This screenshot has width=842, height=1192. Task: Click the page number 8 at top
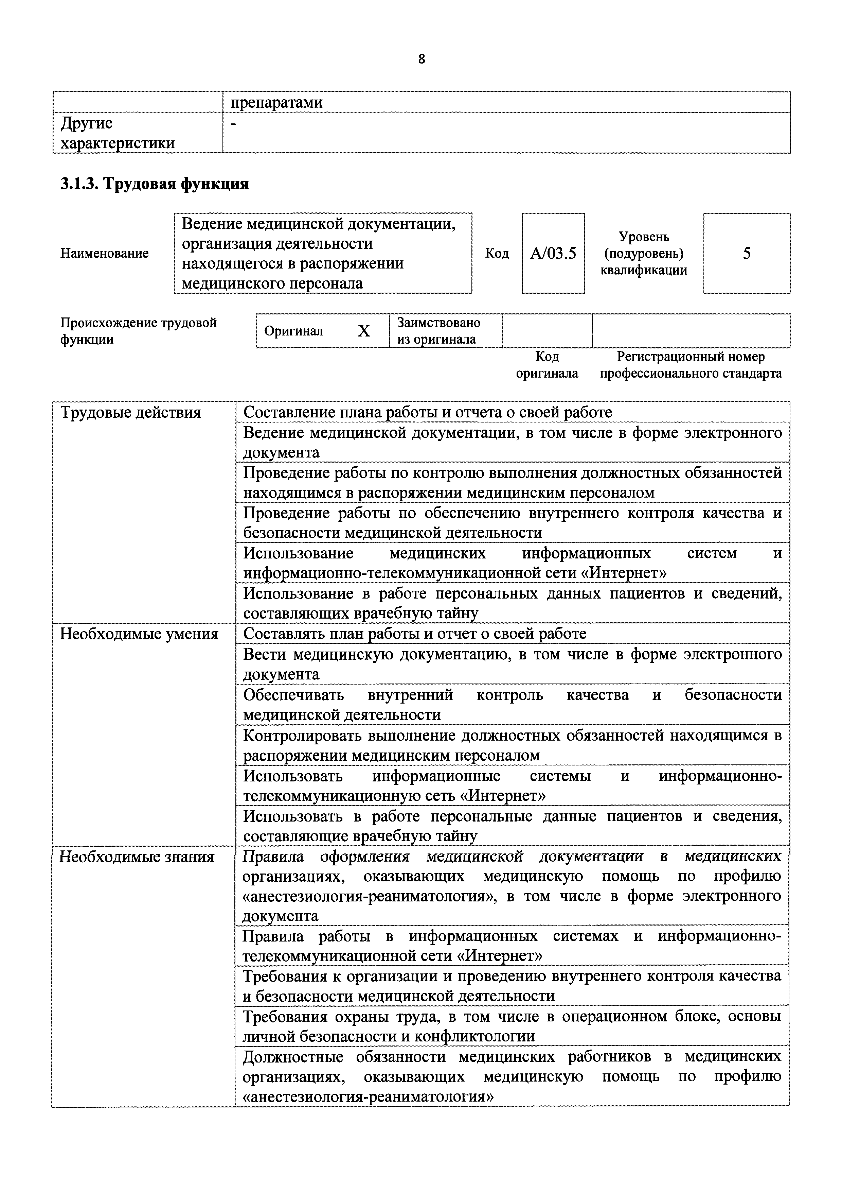421,59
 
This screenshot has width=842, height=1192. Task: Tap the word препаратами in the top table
276,102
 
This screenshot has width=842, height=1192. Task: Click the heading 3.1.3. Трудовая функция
155,184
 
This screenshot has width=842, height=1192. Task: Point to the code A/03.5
553,253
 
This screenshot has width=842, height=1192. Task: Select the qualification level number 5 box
747,253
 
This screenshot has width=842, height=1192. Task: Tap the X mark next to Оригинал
364,331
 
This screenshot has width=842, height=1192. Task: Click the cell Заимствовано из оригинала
438,331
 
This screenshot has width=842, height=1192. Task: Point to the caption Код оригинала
547,365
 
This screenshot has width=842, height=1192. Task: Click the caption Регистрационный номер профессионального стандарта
691,365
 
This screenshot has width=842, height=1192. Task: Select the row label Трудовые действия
131,413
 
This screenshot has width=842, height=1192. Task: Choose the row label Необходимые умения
139,634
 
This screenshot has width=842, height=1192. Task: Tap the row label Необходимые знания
137,857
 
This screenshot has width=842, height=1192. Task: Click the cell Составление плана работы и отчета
428,412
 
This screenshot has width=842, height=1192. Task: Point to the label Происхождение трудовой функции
139,331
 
